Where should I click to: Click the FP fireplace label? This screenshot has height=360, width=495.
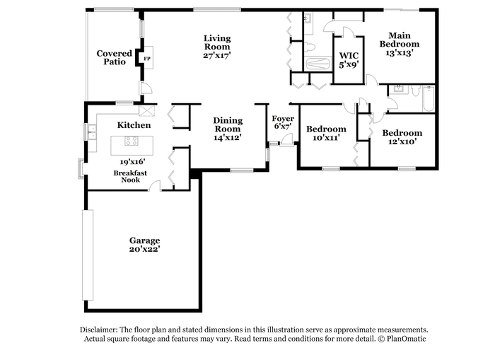click(147, 59)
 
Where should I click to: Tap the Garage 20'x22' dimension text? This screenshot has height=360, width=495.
click(144, 249)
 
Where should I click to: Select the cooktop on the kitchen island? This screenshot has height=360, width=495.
click(132, 141)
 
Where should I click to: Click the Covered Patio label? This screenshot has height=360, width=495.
click(115, 57)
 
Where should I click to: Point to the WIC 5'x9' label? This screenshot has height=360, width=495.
click(349, 60)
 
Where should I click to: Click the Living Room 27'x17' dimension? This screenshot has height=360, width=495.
click(217, 55)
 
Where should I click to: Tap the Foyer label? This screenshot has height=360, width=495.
click(283, 119)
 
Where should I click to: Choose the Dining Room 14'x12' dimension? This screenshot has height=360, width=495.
click(228, 137)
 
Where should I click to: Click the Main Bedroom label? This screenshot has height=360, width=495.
click(400, 40)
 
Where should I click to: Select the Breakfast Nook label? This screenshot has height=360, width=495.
click(130, 177)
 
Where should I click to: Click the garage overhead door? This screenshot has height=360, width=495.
click(88, 255)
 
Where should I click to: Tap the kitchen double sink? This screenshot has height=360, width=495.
click(92, 132)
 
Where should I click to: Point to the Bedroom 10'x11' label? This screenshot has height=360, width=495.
click(326, 133)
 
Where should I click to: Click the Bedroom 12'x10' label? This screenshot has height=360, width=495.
click(402, 137)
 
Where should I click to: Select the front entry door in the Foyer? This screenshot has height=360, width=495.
click(286, 140)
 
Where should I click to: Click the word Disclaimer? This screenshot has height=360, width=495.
click(98, 330)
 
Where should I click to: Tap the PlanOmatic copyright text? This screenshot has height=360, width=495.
click(402, 339)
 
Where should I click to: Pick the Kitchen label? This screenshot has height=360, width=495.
click(134, 125)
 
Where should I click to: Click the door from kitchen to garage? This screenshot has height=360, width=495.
click(155, 186)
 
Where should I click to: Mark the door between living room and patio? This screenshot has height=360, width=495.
click(146, 88)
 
